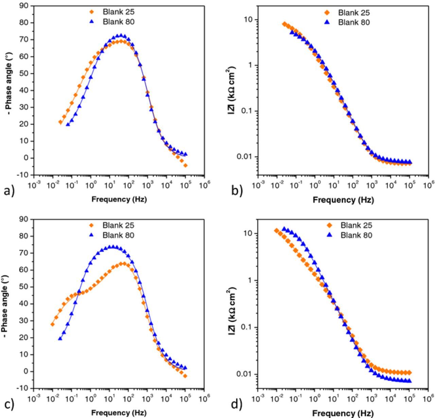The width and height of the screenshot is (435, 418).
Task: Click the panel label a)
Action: [9, 191]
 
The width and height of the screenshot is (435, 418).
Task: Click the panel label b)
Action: [237, 191]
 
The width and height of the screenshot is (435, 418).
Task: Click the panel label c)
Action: [9, 404]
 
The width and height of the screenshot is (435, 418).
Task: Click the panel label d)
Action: [237, 404]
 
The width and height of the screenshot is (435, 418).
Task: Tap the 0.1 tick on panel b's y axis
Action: [249, 111]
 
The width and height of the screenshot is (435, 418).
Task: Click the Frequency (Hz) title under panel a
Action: [119, 199]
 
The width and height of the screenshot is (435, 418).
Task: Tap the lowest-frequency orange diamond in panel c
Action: [52, 324]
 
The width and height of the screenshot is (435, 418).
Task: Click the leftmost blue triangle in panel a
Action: [68, 124]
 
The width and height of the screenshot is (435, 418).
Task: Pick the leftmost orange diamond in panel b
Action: [284, 24]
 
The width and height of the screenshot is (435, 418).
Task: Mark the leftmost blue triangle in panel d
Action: [284, 229]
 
